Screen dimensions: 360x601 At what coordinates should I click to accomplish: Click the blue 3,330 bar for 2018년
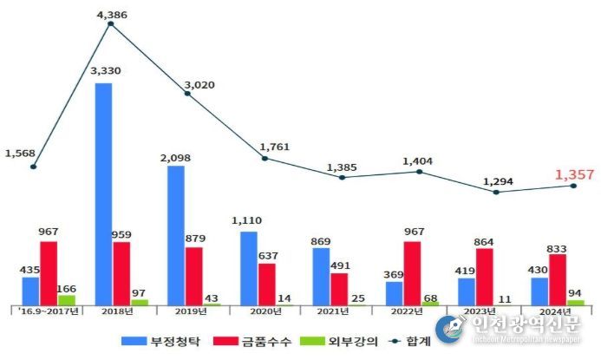103,193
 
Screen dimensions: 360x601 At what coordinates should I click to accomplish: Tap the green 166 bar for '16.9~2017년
66,299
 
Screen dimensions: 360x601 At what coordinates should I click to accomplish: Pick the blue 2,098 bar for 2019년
176,234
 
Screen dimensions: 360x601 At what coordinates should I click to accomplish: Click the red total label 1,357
573,173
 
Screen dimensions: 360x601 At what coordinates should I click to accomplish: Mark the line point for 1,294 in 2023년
496,192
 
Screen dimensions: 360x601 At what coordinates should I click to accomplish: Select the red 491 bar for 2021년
339,289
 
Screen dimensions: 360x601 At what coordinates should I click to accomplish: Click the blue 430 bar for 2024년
539,291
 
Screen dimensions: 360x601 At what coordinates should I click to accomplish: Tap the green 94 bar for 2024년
576,302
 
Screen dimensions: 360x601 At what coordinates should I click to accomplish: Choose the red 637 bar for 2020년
267,284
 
